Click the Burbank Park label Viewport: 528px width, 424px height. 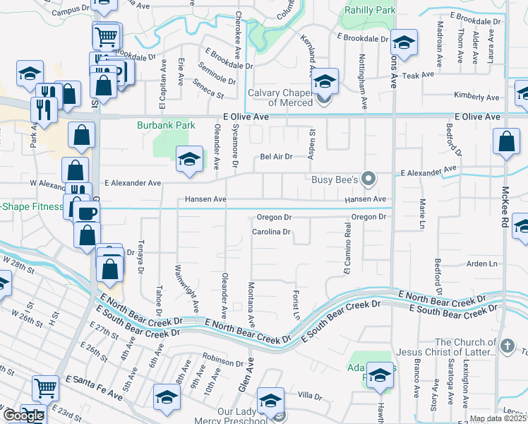pyautogui.click(x=166, y=125)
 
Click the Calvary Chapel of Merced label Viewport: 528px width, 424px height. pyautogui.click(x=280, y=98)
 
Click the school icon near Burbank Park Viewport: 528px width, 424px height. pyautogui.click(x=189, y=159)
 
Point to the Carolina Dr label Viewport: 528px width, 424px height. pyautogui.click(x=272, y=232)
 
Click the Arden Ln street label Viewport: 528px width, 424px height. pyautogui.click(x=482, y=264)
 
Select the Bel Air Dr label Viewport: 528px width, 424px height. pyautogui.click(x=276, y=157)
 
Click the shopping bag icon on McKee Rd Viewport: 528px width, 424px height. pyautogui.click(x=507, y=141)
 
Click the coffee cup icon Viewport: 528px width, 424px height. pyautogui.click(x=87, y=213)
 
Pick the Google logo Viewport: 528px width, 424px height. pyautogui.click(x=23, y=416)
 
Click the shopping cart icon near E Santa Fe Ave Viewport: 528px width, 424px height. pyautogui.click(x=45, y=387)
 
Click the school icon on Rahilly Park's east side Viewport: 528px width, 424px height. pyautogui.click(x=404, y=42)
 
